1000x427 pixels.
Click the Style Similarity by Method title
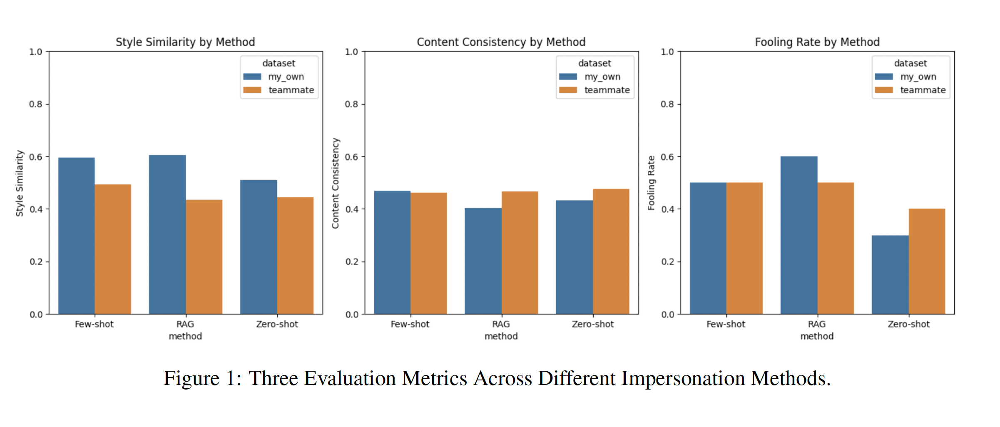pyautogui.click(x=185, y=42)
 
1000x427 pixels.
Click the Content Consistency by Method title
pyautogui.click(x=501, y=42)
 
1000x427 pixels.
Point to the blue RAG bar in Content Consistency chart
pyautogui.click(x=483, y=261)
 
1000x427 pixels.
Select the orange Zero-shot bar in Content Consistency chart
pyautogui.click(x=611, y=251)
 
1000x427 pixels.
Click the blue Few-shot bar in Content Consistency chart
pyautogui.click(x=392, y=252)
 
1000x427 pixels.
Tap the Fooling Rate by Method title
pyautogui.click(x=817, y=42)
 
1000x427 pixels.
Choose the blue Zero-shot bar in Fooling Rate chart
pyautogui.click(x=890, y=275)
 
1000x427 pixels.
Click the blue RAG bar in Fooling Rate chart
pyautogui.click(x=799, y=235)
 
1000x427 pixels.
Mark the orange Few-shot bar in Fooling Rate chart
pyautogui.click(x=744, y=248)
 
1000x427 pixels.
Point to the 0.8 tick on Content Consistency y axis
pyautogui.click(x=351, y=104)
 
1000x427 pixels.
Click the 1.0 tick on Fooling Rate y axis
pyautogui.click(x=667, y=52)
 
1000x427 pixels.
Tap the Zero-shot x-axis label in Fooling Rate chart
pyautogui.click(x=908, y=324)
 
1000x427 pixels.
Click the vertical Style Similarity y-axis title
pyautogui.click(x=20, y=183)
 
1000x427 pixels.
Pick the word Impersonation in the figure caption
pyautogui.click(x=685, y=378)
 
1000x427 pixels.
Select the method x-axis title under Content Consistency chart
pyautogui.click(x=501, y=336)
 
